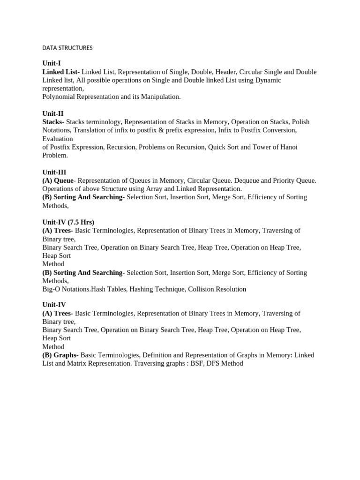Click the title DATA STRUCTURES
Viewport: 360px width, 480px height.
[67, 48]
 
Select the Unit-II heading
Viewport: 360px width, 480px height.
[53, 113]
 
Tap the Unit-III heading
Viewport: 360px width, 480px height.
[54, 172]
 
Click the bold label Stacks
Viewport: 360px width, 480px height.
[52, 122]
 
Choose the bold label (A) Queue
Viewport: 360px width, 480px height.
[58, 180]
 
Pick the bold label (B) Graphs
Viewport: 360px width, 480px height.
[60, 355]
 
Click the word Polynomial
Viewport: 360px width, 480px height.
[59, 97]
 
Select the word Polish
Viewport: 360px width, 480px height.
[300, 122]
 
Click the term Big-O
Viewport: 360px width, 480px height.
[52, 289]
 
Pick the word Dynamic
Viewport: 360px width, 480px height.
[268, 80]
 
